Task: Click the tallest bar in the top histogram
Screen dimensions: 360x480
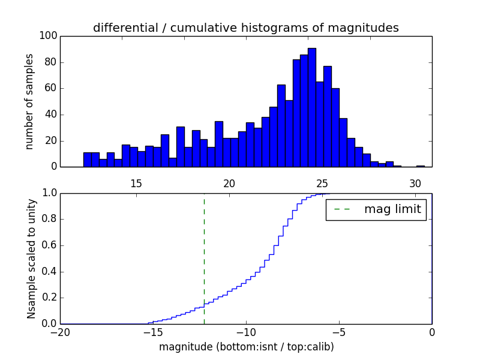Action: [311, 108]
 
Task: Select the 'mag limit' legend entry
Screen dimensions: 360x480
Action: [376, 210]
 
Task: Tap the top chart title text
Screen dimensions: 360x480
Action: [246, 28]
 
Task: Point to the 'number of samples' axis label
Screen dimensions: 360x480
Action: [29, 101]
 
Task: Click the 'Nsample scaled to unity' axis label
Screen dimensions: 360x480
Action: [31, 259]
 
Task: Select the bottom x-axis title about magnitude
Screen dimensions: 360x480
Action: [246, 347]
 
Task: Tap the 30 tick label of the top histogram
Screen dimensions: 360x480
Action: [415, 184]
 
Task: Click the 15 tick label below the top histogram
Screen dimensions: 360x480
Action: [136, 184]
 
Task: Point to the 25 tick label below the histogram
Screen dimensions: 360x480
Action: [322, 184]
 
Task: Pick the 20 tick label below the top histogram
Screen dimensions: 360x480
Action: [229, 184]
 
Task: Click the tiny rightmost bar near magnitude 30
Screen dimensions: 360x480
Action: [420, 166]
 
